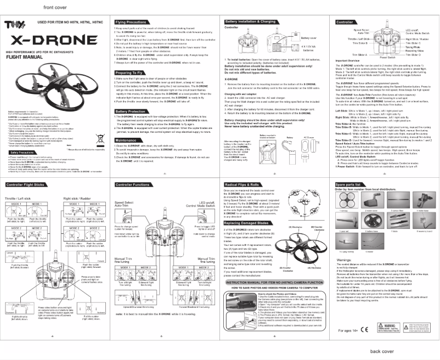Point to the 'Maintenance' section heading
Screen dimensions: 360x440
128,140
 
